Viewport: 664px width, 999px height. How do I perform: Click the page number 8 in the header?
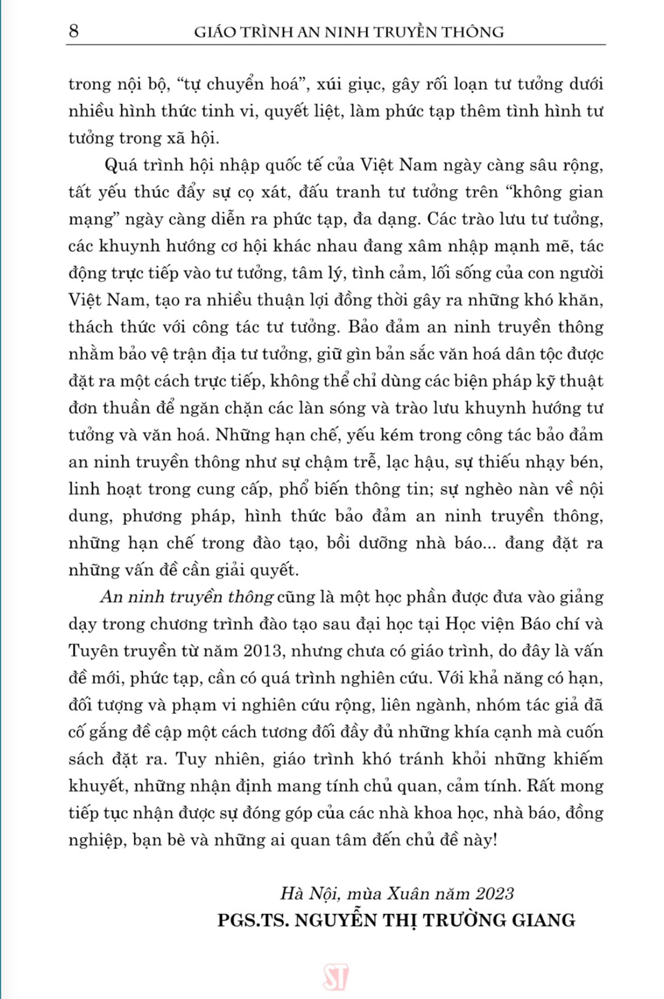74,32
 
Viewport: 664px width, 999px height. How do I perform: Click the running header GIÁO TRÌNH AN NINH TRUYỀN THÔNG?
349,32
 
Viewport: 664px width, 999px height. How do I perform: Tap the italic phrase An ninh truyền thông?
187,597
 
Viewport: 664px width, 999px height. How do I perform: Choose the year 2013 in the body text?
263,651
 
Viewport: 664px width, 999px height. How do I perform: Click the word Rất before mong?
539,786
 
